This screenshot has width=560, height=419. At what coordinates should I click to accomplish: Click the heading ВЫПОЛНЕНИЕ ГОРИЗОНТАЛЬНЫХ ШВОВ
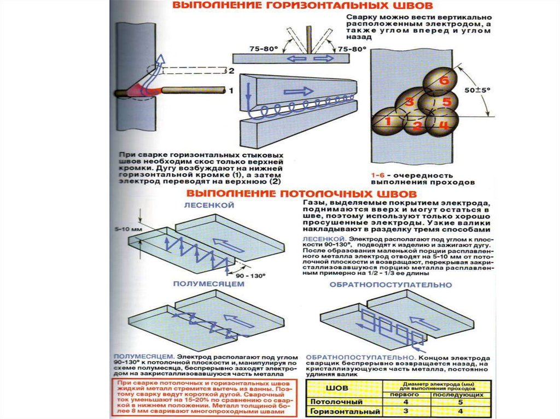[x=304, y=6]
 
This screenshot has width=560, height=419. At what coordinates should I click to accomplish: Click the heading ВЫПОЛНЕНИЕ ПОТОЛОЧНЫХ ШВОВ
[x=302, y=194]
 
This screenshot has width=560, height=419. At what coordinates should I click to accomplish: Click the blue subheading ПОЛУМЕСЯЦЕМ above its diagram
[x=208, y=284]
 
